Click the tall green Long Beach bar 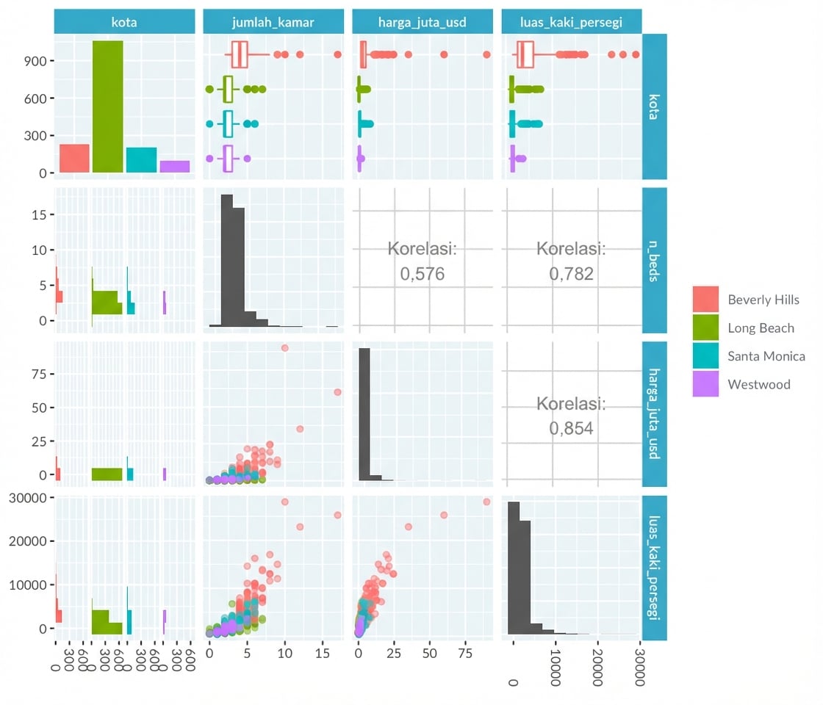(107, 106)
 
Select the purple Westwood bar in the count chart (175, 167)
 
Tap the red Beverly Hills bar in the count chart (74, 159)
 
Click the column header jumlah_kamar (273, 22)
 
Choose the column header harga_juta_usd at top (423, 22)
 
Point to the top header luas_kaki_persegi (572, 22)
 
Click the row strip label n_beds (655, 261)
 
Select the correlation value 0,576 (423, 274)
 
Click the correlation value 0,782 (571, 274)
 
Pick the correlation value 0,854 (571, 428)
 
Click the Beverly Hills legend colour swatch (705, 300)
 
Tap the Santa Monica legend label (766, 356)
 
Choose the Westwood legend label (759, 384)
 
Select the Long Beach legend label (761, 328)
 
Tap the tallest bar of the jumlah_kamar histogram (227, 261)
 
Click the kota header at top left (124, 22)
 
